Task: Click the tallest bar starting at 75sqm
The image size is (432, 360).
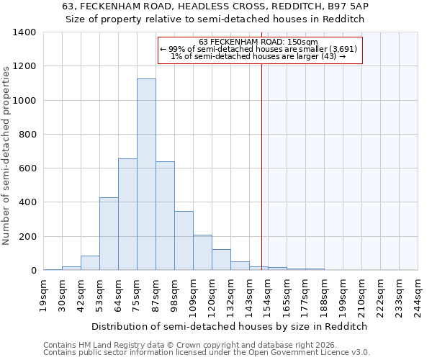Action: (x=146, y=174)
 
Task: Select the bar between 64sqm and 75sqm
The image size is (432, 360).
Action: (x=127, y=215)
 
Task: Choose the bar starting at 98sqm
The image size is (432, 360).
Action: (x=184, y=240)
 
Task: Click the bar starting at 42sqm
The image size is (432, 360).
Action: (x=90, y=263)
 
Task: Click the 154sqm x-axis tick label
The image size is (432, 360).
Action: (x=269, y=294)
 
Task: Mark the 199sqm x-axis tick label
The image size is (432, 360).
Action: (x=343, y=294)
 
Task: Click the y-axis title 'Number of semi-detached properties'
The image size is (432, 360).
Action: (x=7, y=155)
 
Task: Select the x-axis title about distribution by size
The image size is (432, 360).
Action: (x=230, y=326)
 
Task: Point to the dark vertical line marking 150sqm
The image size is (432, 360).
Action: (x=261, y=166)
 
